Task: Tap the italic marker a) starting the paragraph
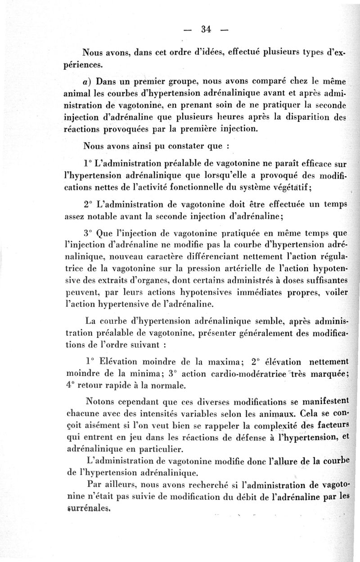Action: pyautogui.click(x=87, y=82)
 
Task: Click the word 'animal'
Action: pyautogui.click(x=79, y=94)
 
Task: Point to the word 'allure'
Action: pyautogui.click(x=282, y=460)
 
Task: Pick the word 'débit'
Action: pyautogui.click(x=230, y=497)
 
